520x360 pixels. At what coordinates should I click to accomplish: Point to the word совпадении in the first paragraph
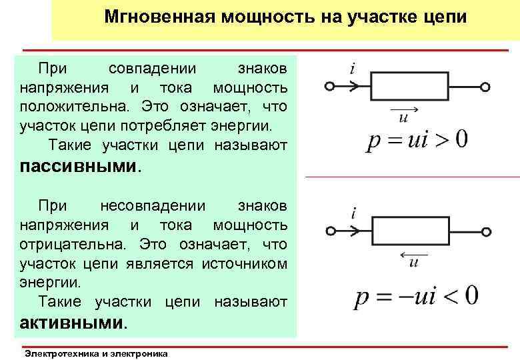tap(152, 69)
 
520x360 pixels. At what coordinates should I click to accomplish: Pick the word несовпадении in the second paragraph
tap(152, 205)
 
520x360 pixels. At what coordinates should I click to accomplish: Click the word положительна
tap(61, 106)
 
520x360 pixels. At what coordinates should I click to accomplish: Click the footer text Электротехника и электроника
tap(95, 353)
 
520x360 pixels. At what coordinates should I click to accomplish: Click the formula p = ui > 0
tap(417, 141)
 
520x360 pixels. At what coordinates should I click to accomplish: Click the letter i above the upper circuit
tap(351, 69)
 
